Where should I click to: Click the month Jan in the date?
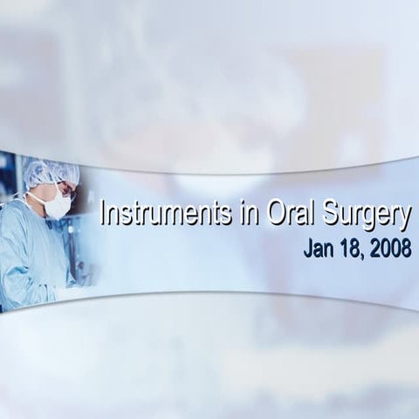click(x=317, y=248)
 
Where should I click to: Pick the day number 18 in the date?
click(x=350, y=248)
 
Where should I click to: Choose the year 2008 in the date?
click(x=390, y=248)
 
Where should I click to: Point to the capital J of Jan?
click(x=308, y=248)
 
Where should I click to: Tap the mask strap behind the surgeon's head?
click(x=38, y=194)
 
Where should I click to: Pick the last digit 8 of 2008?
click(x=406, y=248)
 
